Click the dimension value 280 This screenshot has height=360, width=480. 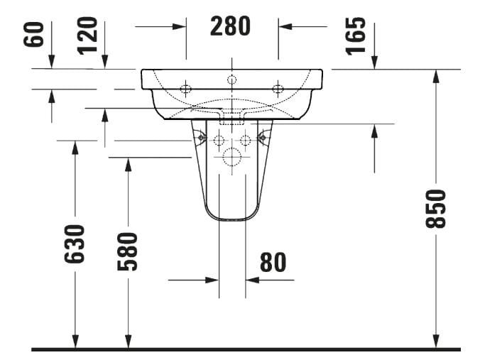point(231,26)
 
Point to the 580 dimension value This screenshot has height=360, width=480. point(128,251)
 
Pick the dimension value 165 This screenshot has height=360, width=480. point(356,35)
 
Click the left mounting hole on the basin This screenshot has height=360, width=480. point(186,89)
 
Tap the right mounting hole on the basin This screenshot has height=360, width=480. point(278,89)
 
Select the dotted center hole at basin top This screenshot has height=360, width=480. point(231,79)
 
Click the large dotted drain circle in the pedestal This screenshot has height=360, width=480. point(231,157)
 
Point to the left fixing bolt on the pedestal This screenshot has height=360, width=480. point(201,138)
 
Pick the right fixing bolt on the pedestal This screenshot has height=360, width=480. point(263,138)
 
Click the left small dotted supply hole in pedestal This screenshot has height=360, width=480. point(218,139)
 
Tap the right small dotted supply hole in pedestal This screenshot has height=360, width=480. point(246,139)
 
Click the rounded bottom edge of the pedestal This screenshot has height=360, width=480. point(231,219)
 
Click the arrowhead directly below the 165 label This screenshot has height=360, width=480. point(374,65)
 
